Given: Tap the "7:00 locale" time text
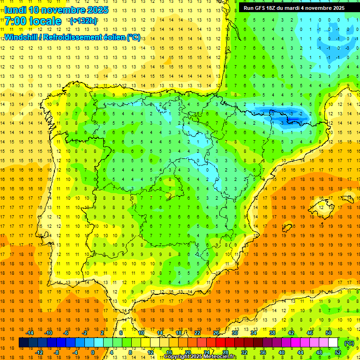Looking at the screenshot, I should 33,21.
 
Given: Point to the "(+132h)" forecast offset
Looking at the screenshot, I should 83,21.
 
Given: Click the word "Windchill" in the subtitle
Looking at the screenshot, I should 23,37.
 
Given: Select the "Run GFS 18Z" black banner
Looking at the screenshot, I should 294,7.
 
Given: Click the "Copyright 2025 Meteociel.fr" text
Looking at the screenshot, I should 200,357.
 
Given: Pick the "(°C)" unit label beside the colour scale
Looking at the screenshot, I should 349,343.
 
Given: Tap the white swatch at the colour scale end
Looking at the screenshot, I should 333,343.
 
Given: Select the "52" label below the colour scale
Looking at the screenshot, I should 338,352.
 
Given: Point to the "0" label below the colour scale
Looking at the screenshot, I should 92,352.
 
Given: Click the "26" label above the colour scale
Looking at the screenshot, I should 216,333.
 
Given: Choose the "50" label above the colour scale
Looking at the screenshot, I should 329,333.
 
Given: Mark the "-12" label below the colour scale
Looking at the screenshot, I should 39,352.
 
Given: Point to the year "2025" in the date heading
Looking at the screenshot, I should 98,10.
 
